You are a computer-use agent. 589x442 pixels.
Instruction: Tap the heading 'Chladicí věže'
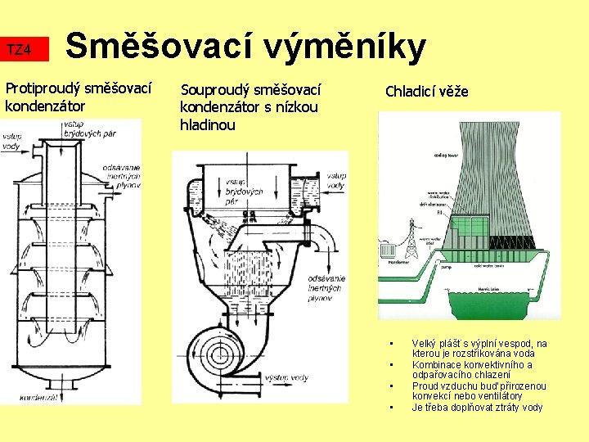click(x=426, y=91)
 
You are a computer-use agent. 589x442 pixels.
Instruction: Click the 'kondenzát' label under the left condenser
click(x=39, y=397)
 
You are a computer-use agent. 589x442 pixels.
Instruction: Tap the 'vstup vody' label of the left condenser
click(x=11, y=141)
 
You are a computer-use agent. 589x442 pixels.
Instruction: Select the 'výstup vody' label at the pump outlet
click(x=287, y=377)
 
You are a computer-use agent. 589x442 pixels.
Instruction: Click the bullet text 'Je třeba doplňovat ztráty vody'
click(x=476, y=407)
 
